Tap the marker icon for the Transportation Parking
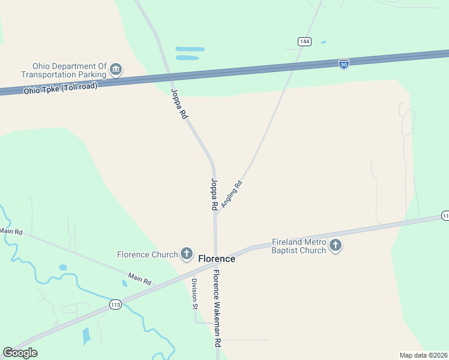pyautogui.click(x=116, y=70)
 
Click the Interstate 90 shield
pyautogui.click(x=343, y=64)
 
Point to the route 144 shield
pyautogui.click(x=304, y=41)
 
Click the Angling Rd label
pyautogui.click(x=231, y=194)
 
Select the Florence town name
pyautogui.click(x=217, y=259)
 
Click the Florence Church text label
pyautogui.click(x=148, y=254)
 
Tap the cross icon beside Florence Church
pyautogui.click(x=187, y=254)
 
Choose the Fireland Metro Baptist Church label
pyautogui.click(x=299, y=246)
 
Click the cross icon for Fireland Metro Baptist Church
pyautogui.click(x=336, y=245)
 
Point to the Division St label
pyautogui.click(x=194, y=294)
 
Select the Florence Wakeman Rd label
pyautogui.click(x=217, y=308)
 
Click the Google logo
pyautogui.click(x=20, y=353)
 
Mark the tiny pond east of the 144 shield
pyautogui.click(x=324, y=42)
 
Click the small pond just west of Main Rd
pyautogui.click(x=63, y=268)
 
